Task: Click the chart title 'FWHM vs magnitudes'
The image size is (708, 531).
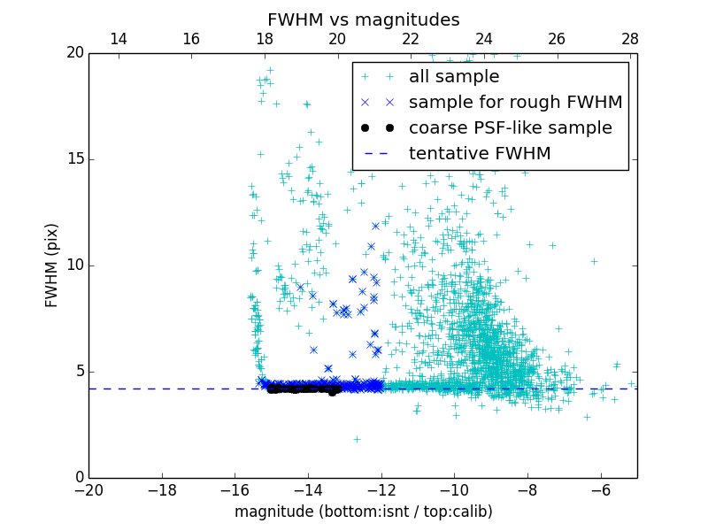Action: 363,19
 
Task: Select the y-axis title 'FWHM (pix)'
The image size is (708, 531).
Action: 52,265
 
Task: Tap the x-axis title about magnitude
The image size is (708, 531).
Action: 363,512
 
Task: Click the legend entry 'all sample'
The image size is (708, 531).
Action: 454,77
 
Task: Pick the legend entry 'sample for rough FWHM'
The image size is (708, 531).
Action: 515,103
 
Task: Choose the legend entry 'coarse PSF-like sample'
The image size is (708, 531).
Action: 510,128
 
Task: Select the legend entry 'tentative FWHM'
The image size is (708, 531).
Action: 480,154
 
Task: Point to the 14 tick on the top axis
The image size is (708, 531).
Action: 118,39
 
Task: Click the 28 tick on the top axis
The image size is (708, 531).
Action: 630,39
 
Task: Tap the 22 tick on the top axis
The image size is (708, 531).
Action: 411,39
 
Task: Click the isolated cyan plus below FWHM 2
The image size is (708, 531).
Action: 357,439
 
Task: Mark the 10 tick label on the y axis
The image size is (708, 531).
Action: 73,265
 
